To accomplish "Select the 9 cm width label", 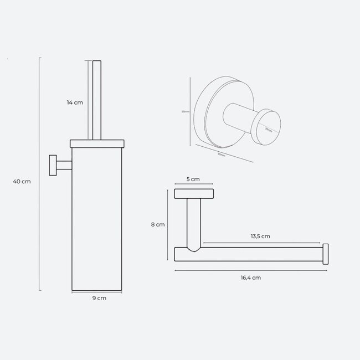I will click(x=99, y=297).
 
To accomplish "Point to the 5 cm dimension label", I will click(x=192, y=179).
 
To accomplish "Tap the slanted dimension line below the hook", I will click(x=224, y=153).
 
